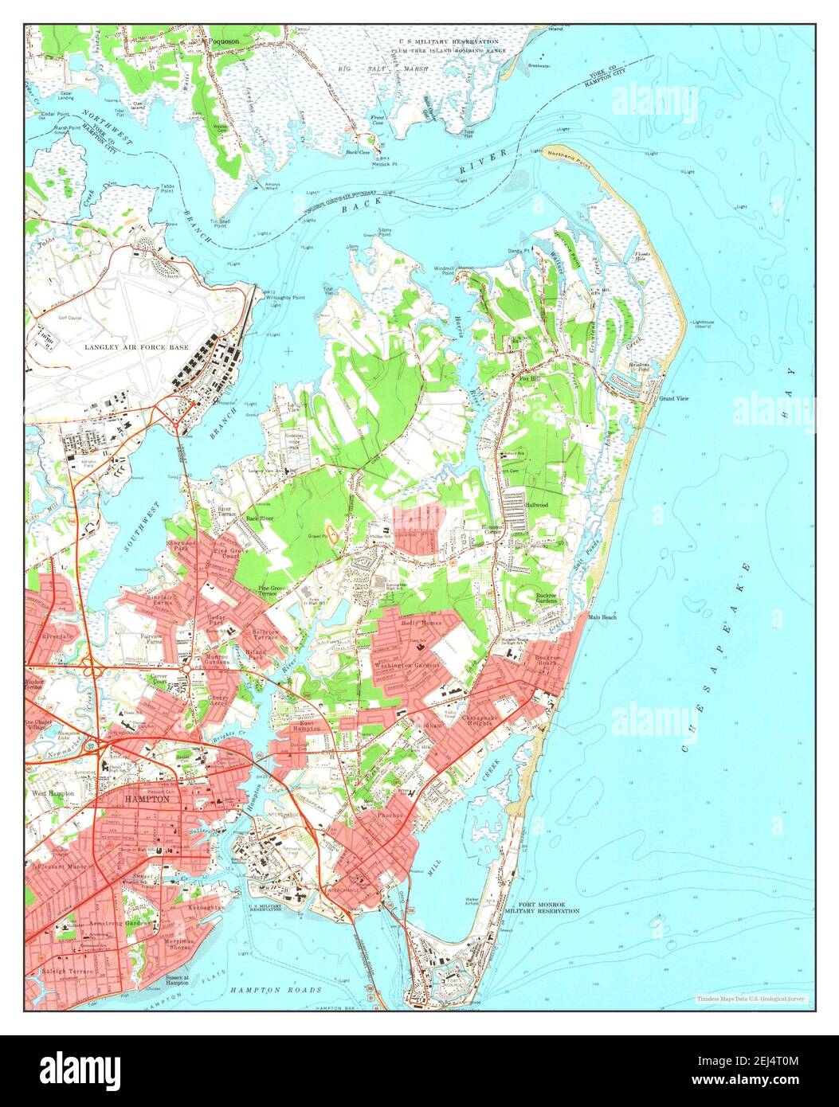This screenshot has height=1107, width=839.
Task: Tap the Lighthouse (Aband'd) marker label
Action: coord(703,323)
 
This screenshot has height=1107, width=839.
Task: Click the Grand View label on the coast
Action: coord(673,398)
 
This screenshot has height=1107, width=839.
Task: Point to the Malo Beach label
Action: coord(602,617)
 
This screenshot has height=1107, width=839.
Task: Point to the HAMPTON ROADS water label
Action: coord(276,990)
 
